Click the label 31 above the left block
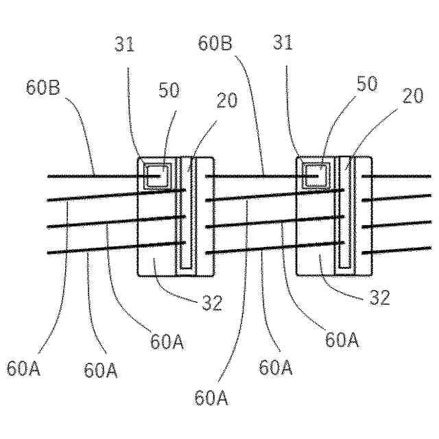click(x=125, y=45)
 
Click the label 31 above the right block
click(x=283, y=43)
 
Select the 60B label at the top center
click(x=215, y=43)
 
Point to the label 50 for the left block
click(x=169, y=91)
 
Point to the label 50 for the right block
click(x=367, y=84)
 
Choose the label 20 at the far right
click(x=413, y=97)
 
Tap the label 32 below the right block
click(x=379, y=297)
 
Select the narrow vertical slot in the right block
click(x=344, y=213)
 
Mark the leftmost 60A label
click(x=24, y=368)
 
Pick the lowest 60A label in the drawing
click(x=212, y=397)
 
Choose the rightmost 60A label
click(x=342, y=340)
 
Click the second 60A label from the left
click(x=101, y=370)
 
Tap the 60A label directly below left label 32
click(x=167, y=341)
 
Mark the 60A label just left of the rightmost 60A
click(x=276, y=368)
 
